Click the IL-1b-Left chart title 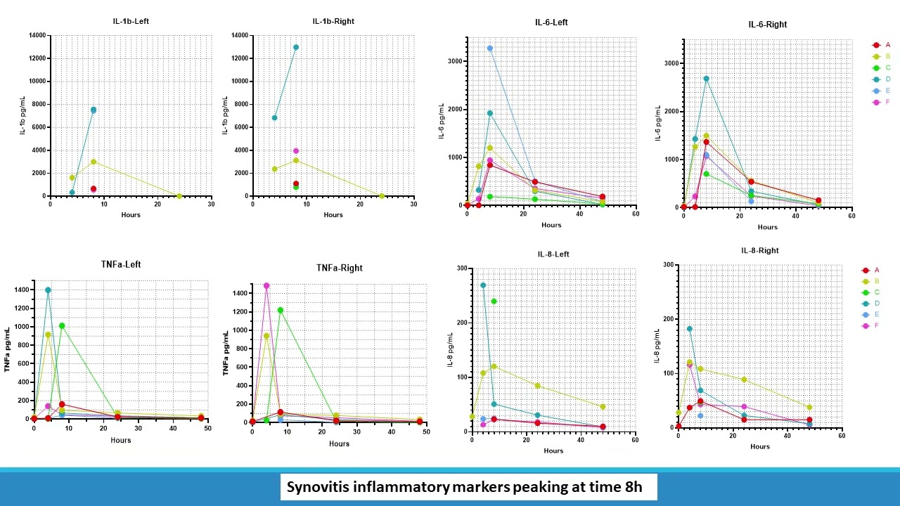coord(131,21)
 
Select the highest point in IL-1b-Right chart coord(296,47)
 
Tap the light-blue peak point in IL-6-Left coord(490,48)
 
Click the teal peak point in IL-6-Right coord(706,79)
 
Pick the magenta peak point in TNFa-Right coord(266,286)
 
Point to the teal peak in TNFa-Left coord(48,290)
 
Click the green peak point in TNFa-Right coord(280,310)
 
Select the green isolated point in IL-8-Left coord(494,301)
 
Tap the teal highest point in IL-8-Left coord(483,285)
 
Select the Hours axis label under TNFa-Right coord(339,443)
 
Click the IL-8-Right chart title coord(759,250)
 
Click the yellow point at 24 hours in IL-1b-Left coord(179,196)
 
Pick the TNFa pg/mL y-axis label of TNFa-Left coord(8,349)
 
